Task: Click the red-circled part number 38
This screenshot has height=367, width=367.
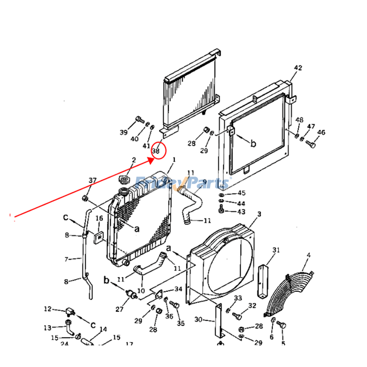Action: [x=156, y=150]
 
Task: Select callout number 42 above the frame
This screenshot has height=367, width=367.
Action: [x=298, y=68]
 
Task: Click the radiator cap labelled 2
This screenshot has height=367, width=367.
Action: [x=124, y=178]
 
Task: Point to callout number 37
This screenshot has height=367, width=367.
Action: [x=93, y=180]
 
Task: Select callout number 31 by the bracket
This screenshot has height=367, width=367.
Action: [x=276, y=250]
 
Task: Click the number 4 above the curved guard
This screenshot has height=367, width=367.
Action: [x=308, y=255]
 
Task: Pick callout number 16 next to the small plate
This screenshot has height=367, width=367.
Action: [x=99, y=218]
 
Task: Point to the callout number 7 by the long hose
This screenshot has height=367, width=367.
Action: [x=67, y=259]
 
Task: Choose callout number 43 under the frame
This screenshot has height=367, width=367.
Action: [x=241, y=212]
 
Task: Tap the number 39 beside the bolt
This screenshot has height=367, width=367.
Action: [x=123, y=133]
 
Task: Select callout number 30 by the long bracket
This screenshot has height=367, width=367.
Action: [x=198, y=320]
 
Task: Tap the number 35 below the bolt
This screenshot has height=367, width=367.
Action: [x=181, y=323]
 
